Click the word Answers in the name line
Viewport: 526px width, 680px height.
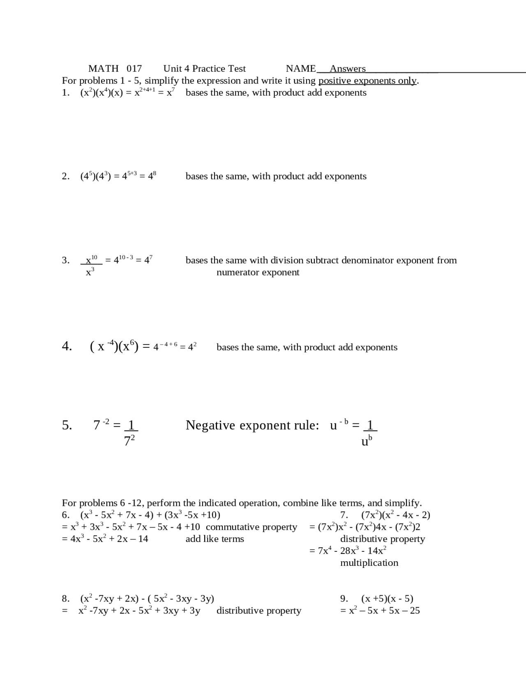[x=347, y=69]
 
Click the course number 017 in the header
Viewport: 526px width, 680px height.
[x=134, y=69]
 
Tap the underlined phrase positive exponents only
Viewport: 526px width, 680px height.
[x=367, y=80]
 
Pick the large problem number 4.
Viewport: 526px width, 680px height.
[x=67, y=347]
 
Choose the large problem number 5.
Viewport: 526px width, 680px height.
[x=67, y=425]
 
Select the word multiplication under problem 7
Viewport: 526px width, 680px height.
[x=369, y=563]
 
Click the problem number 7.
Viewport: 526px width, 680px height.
[x=344, y=515]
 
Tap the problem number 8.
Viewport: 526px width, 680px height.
[x=65, y=599]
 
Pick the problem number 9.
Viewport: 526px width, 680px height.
[x=344, y=599]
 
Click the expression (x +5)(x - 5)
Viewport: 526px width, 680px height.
[x=387, y=599]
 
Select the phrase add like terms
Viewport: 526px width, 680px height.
[x=215, y=539]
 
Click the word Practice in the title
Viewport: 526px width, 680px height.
[x=208, y=69]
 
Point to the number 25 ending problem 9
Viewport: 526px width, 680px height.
[x=415, y=611]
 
